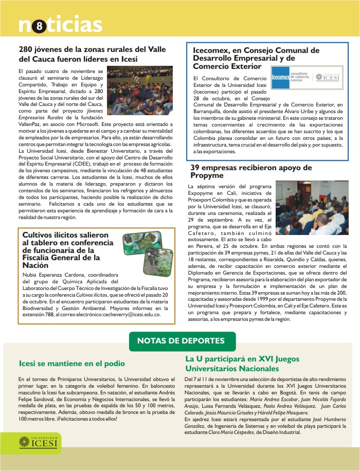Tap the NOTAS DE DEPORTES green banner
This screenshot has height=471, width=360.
click(180, 340)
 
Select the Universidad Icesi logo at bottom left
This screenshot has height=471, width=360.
click(39, 441)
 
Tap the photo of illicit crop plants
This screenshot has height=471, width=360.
click(147, 250)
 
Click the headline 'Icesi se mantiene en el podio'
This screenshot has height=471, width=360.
click(72, 364)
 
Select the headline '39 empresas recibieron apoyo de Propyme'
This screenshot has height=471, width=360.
click(251, 172)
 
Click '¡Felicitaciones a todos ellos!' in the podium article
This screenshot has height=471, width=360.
click(87, 419)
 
